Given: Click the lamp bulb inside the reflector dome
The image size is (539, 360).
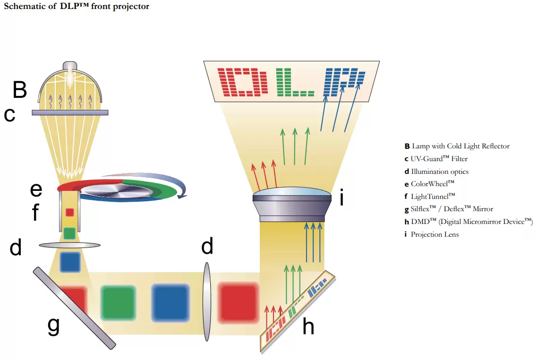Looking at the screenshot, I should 70,76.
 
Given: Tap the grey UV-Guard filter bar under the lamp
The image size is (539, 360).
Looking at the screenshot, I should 70,112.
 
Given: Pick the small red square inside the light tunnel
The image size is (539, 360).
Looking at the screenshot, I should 69,212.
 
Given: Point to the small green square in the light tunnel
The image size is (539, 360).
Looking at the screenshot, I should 69,233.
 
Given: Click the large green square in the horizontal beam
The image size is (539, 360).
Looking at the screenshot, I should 118,303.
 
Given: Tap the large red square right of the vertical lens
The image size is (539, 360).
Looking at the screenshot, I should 238,303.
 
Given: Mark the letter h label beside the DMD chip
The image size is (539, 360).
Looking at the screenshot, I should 308,326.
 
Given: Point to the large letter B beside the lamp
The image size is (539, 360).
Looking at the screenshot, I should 20,90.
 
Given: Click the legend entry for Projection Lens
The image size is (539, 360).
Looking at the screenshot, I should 434,234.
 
